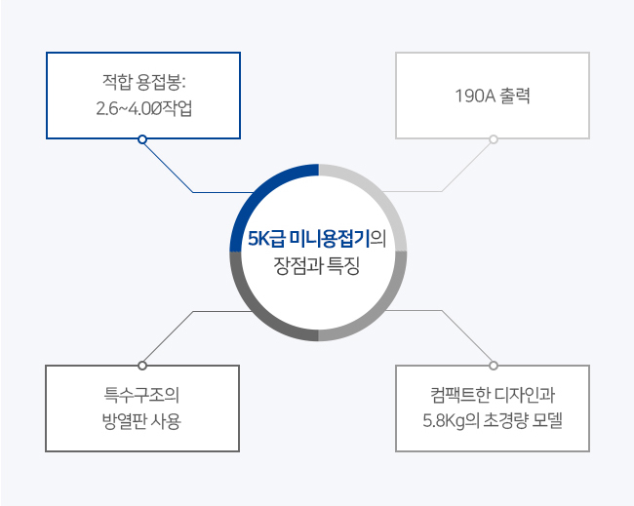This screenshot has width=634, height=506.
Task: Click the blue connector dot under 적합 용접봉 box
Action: point(142,139)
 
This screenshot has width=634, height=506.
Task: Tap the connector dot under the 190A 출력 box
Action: point(494,139)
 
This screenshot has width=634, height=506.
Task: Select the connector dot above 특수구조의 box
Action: point(142,366)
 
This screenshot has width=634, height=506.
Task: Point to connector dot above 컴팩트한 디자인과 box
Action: point(494,366)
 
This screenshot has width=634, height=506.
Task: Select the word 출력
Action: point(515,96)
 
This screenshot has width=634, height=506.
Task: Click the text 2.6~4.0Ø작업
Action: point(144,108)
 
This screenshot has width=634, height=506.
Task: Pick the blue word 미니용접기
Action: point(331,239)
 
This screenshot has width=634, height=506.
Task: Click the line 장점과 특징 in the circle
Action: point(317,265)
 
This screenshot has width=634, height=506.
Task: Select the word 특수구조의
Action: point(141,395)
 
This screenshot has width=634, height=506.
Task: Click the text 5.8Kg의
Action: point(451,421)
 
